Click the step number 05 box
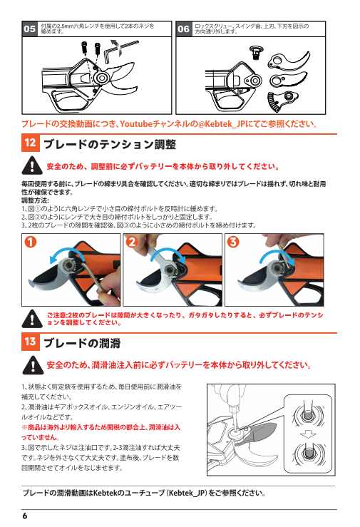point(29,29)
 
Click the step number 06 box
point(183,29)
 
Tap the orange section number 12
point(30,143)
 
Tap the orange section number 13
point(30,342)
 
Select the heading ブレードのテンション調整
point(110,145)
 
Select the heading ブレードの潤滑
point(82,343)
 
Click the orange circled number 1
point(31,242)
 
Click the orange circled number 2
point(132,242)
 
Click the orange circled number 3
point(233,242)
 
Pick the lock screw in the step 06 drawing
point(256,52)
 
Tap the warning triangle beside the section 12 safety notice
point(32,166)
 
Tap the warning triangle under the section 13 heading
point(33,365)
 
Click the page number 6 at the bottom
point(25,516)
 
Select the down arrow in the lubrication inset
point(308,434)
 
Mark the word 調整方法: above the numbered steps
point(35,200)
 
